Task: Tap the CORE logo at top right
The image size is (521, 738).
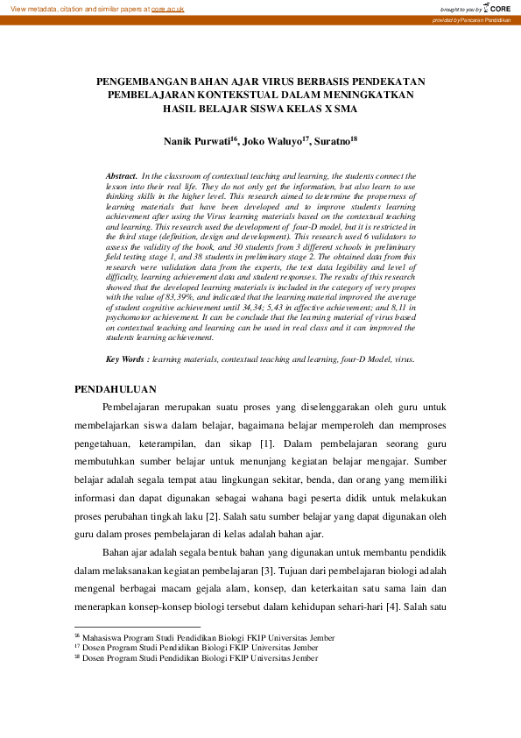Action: [x=498, y=8]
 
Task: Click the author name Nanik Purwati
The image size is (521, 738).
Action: [x=201, y=140]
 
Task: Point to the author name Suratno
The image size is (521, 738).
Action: [x=330, y=140]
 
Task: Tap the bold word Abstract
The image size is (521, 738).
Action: [x=122, y=176]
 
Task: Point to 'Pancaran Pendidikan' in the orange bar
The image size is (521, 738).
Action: [x=489, y=19]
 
